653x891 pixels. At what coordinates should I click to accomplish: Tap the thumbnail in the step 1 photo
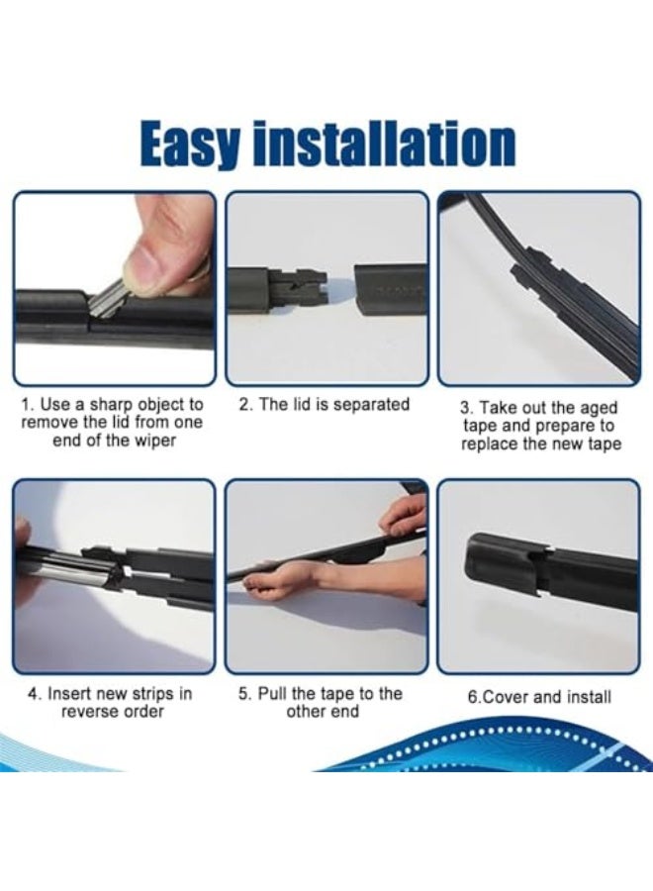coord(149,266)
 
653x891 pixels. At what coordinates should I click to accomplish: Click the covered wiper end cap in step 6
coord(505,560)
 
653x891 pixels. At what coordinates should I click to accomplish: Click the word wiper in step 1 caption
coord(152,441)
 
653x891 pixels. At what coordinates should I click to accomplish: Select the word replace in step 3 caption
coord(492,444)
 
